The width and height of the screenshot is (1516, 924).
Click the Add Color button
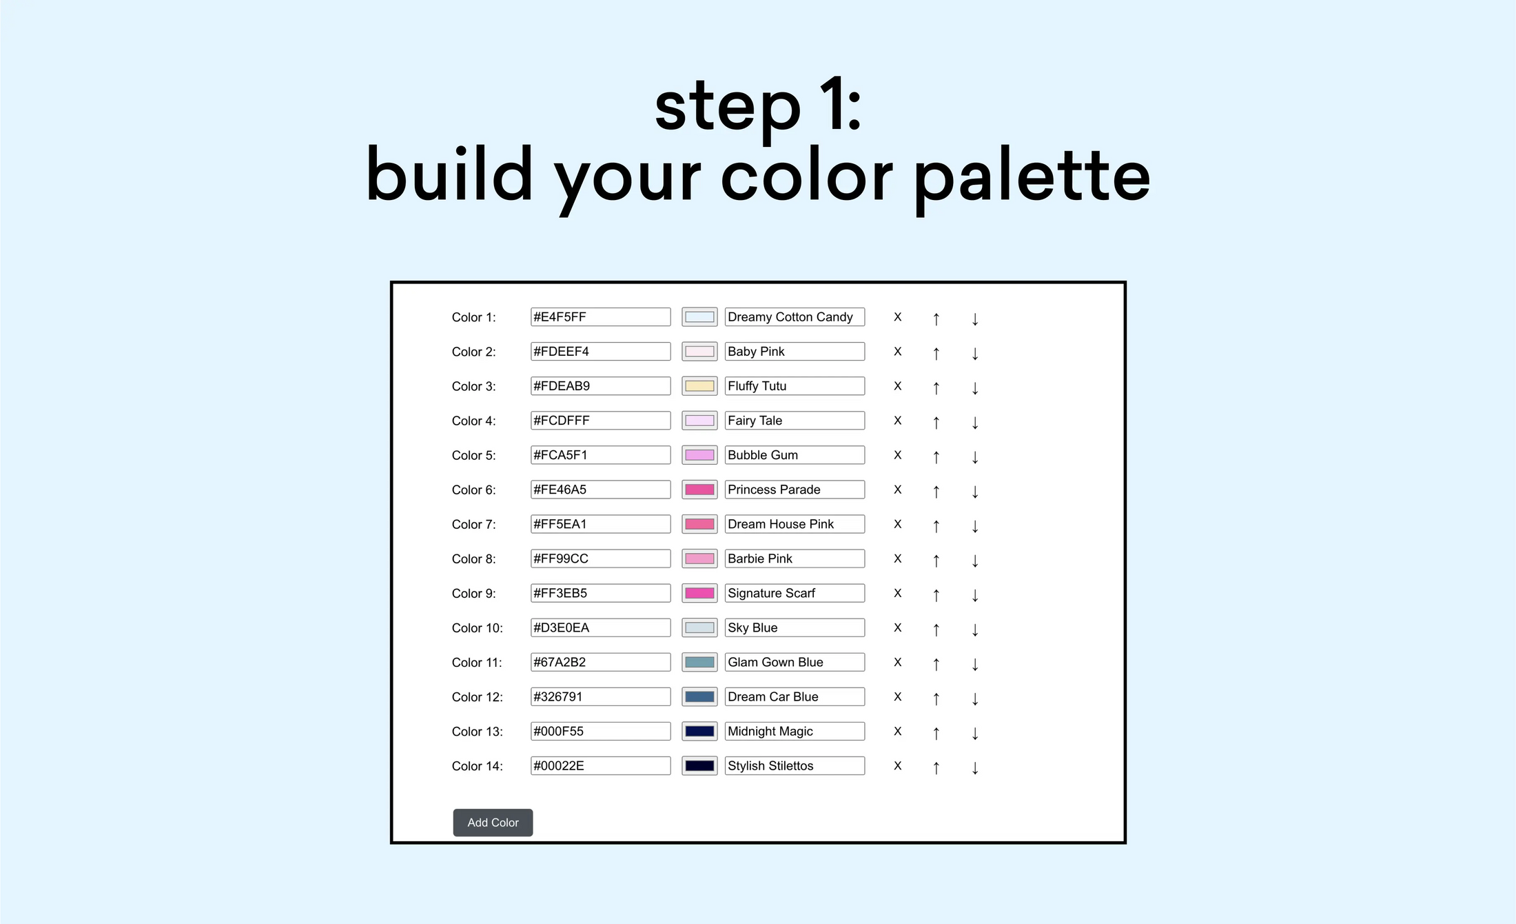click(493, 823)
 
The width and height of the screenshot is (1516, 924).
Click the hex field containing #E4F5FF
click(600, 317)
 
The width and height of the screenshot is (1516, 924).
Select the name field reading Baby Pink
click(795, 352)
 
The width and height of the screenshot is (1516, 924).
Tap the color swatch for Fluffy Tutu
click(699, 386)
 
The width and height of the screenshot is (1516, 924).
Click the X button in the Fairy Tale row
click(897, 421)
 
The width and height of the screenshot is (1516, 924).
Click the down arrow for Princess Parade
click(975, 492)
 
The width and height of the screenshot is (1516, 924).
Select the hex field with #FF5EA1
click(600, 524)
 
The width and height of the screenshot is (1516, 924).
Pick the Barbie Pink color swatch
click(699, 559)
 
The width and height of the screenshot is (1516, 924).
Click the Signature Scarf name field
click(795, 593)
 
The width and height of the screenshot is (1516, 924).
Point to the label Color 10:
click(477, 628)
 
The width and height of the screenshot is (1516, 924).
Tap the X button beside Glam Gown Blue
click(897, 662)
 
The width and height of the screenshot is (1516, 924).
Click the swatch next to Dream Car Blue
click(699, 696)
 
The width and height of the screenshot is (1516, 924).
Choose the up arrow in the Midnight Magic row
click(936, 733)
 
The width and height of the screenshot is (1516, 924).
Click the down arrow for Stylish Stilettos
click(975, 767)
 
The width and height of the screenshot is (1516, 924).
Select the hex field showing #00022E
click(600, 765)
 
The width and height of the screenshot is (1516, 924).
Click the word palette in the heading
click(1032, 177)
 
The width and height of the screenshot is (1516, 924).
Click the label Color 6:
click(473, 490)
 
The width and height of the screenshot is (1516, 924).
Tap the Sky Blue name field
click(795, 627)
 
